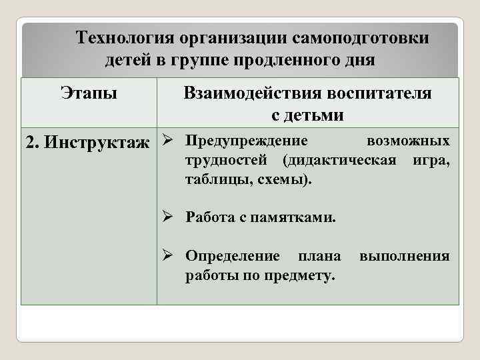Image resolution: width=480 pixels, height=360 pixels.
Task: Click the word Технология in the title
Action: (x=119, y=38)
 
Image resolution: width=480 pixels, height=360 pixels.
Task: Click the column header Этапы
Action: (x=89, y=92)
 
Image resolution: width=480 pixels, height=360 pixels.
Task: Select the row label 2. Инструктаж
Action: (x=87, y=143)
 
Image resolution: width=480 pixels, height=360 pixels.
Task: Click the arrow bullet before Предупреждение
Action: (x=169, y=141)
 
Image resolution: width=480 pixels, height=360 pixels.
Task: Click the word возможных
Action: (x=408, y=141)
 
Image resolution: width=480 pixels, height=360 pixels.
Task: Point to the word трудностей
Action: (x=227, y=161)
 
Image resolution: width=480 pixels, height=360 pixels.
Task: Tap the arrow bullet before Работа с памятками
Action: (x=169, y=217)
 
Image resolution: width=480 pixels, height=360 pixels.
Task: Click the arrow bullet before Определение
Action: (x=169, y=256)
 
